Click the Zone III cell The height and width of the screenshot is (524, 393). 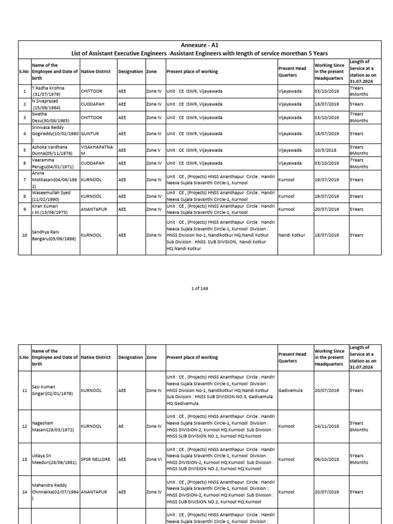pos(154,134)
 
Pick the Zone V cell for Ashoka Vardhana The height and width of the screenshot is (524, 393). pos(154,150)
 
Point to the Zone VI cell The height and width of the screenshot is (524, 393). pos(154,459)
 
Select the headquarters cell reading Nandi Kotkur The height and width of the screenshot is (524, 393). pos(292,235)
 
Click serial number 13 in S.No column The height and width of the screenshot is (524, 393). pos(24,459)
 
